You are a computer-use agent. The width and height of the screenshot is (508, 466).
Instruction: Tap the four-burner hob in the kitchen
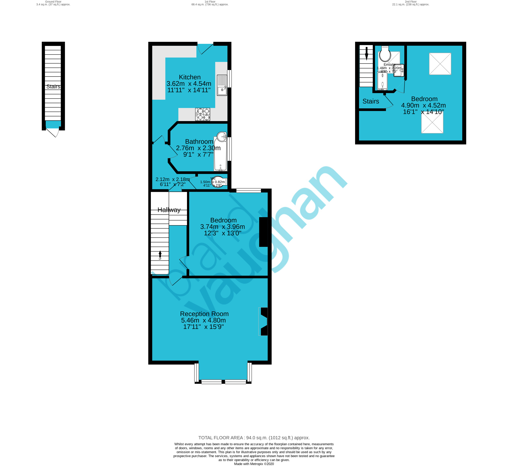click(203, 114)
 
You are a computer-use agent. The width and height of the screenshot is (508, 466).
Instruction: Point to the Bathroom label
click(199, 141)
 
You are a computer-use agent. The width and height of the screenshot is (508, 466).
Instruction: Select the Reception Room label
click(204, 314)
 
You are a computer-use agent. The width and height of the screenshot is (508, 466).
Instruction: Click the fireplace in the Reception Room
click(263, 321)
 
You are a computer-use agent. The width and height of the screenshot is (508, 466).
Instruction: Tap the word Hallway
click(169, 210)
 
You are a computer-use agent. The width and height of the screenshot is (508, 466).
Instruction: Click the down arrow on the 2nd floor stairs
click(366, 54)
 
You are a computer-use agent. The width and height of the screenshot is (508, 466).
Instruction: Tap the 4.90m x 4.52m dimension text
click(423, 105)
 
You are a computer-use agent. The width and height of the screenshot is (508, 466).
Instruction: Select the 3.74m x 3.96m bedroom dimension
click(222, 227)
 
